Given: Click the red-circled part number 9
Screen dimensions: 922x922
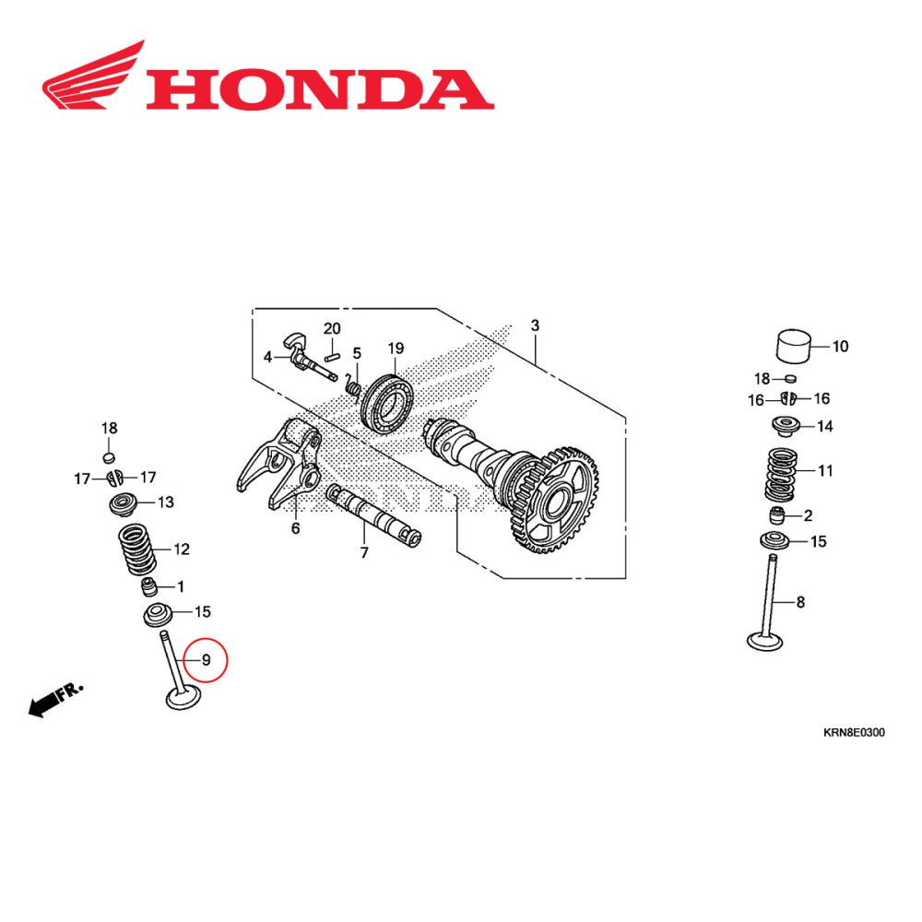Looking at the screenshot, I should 206,660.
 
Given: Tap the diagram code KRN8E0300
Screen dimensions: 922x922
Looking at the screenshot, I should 854,733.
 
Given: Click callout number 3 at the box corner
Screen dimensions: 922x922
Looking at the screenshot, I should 535,326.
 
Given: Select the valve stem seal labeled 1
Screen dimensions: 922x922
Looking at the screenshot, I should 148,586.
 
